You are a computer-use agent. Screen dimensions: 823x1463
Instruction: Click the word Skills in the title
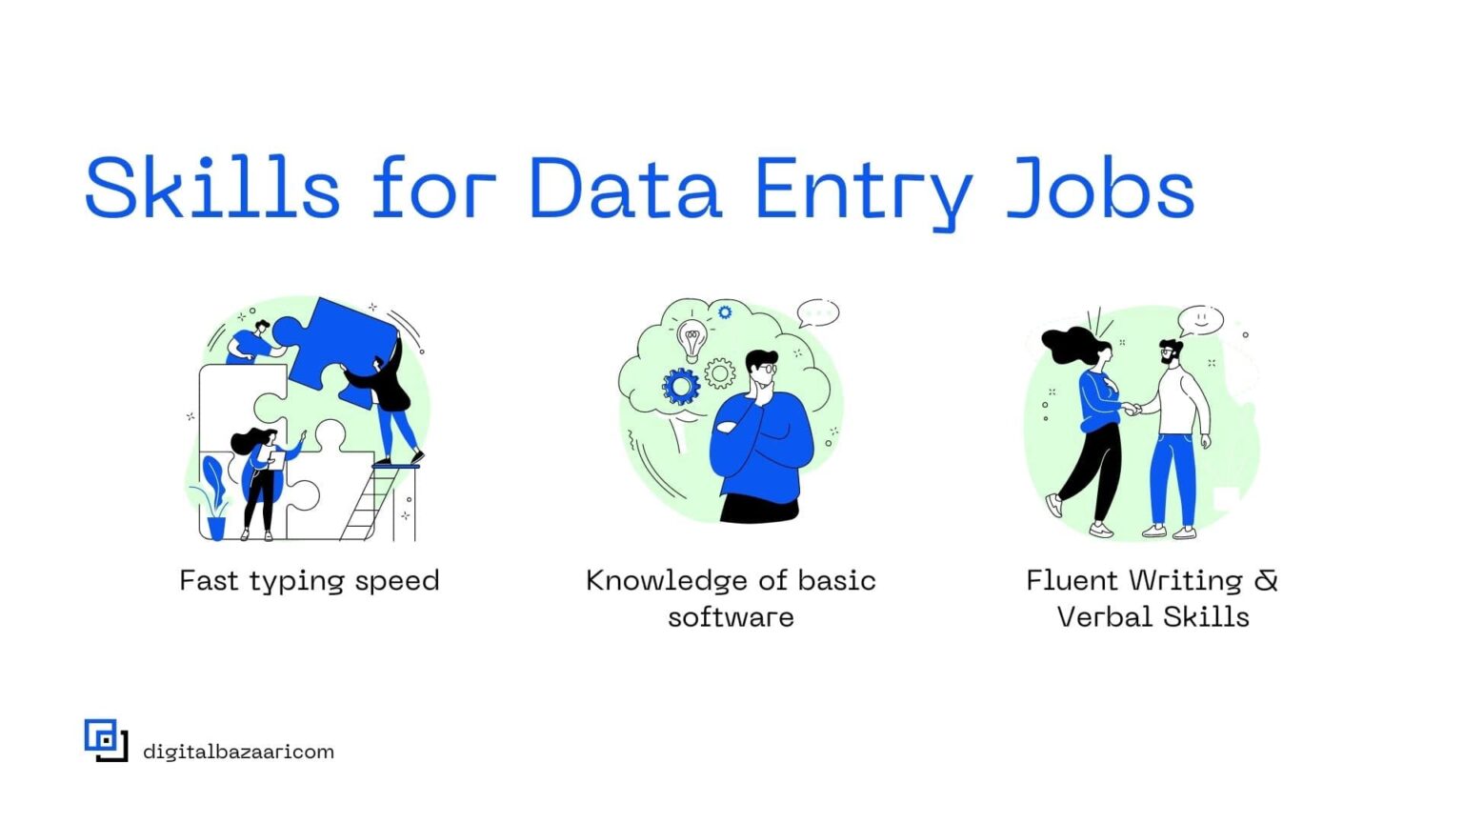pyautogui.click(x=212, y=188)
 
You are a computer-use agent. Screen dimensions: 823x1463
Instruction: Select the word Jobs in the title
pyautogui.click(x=1100, y=188)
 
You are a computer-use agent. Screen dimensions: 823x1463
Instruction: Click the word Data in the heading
pyautogui.click(x=624, y=188)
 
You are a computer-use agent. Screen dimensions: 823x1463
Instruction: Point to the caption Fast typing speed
pyautogui.click(x=310, y=581)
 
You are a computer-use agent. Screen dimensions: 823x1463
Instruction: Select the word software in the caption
pyautogui.click(x=731, y=617)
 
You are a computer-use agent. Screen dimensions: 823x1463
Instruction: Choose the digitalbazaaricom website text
pyautogui.click(x=238, y=752)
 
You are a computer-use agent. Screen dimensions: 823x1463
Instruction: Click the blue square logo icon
pyautogui.click(x=105, y=740)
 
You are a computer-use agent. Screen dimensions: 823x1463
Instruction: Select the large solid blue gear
pyautogui.click(x=681, y=387)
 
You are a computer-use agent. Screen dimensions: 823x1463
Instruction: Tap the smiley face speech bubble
pyautogui.click(x=1200, y=319)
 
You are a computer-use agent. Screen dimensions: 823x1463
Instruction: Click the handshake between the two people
pyautogui.click(x=1132, y=410)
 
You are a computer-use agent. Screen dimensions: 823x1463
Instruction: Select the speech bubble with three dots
pyautogui.click(x=817, y=311)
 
